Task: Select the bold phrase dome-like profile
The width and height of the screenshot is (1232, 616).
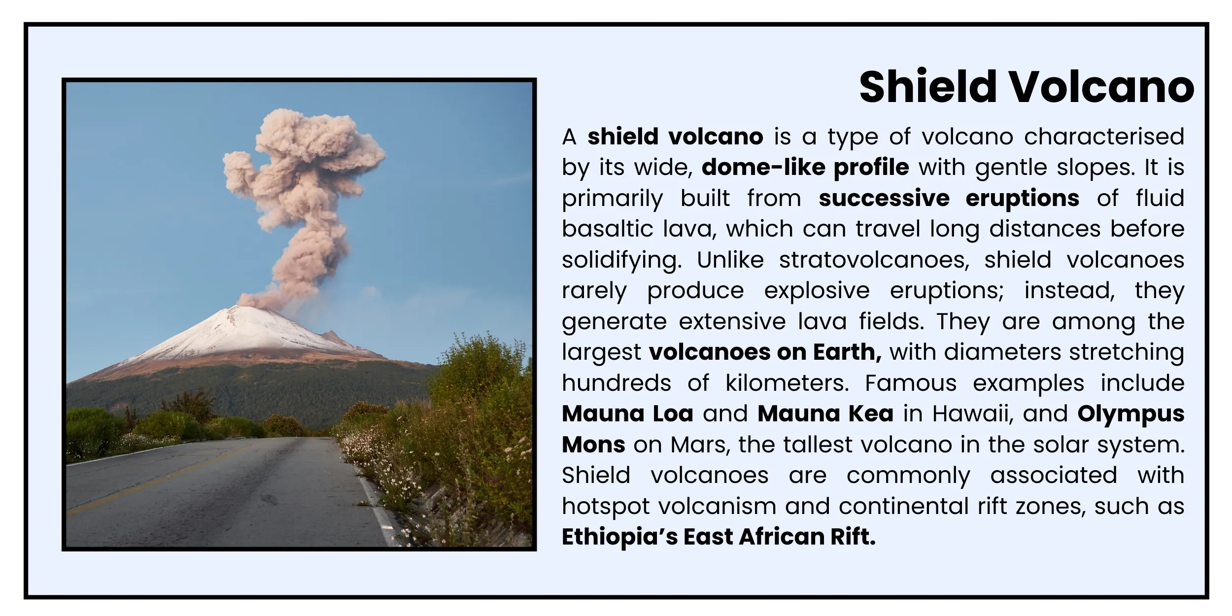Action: [805, 167]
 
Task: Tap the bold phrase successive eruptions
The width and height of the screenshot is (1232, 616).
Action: [949, 198]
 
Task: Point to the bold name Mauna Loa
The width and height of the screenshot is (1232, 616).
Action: [627, 413]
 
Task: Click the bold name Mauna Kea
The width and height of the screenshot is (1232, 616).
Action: [825, 413]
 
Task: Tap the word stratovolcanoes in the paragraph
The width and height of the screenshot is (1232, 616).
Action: [874, 260]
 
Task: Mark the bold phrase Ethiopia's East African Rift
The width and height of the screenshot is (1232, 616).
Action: [719, 537]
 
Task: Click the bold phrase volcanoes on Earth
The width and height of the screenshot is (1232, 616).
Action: [765, 352]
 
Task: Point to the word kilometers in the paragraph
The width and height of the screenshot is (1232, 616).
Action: [787, 383]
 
